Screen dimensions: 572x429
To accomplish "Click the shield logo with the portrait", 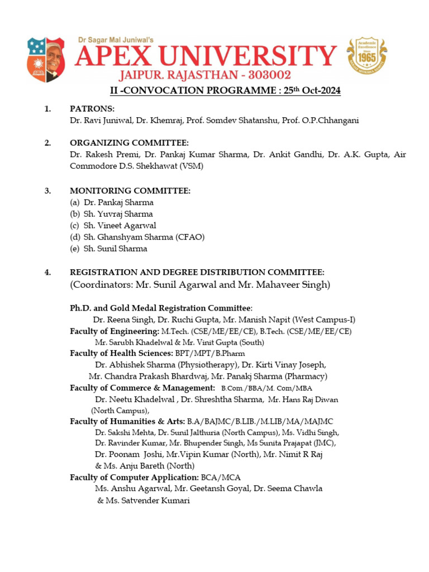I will pos(45,60).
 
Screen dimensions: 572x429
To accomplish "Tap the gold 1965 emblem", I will pos(366,58).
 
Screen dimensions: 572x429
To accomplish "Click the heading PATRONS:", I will pos(92,108).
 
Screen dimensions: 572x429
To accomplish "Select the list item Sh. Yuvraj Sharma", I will pos(118,214).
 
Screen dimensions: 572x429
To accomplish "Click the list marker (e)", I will pos(74,249).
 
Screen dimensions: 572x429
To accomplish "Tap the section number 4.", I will pos(48,272).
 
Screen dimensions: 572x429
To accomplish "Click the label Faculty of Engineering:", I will pos(115,331).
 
